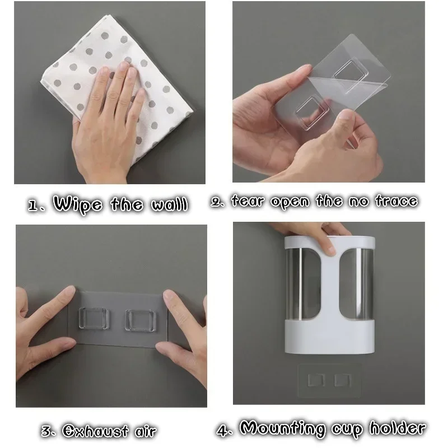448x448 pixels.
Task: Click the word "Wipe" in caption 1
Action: (78, 204)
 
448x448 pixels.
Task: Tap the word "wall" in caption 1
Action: (170, 204)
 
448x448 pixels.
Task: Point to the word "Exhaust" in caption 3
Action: (95, 431)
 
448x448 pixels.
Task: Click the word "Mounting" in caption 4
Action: (283, 429)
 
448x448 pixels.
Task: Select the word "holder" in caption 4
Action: (398, 428)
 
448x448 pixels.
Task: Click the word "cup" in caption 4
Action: (347, 430)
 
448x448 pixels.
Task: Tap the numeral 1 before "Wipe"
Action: (34, 205)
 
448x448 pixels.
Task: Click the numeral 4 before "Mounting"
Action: (223, 430)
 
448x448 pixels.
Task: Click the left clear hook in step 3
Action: (94, 318)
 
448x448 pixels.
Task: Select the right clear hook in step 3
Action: (141, 320)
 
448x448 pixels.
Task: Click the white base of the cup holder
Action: (329, 337)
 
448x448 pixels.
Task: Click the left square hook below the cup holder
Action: (316, 380)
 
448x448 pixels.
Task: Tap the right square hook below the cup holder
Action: (343, 380)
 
